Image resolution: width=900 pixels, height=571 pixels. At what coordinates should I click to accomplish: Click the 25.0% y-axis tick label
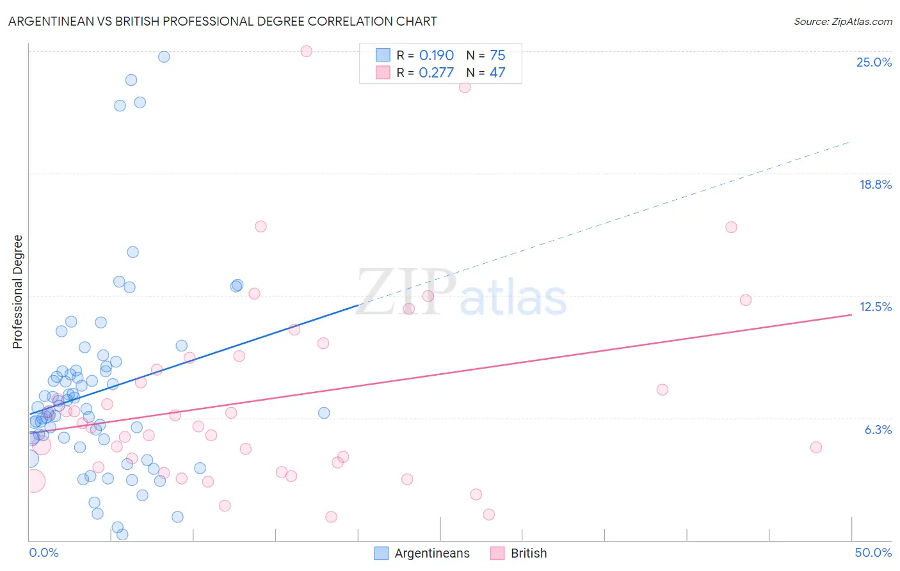[x=873, y=62]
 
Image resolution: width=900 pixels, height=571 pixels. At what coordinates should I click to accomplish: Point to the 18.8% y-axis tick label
[x=874, y=184]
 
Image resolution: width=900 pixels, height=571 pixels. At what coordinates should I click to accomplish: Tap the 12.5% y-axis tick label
[x=875, y=307]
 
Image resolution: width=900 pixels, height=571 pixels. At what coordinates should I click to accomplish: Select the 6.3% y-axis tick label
[x=878, y=430]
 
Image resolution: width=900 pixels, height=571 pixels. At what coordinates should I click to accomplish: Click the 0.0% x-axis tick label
[x=44, y=552]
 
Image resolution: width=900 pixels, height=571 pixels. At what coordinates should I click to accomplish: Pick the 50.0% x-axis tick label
[x=872, y=552]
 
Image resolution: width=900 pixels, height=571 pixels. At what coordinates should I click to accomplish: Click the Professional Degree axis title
[x=17, y=292]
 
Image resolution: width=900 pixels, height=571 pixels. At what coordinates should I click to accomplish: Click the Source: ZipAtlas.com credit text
[x=842, y=21]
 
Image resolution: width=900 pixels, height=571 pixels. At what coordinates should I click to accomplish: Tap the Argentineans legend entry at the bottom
[x=431, y=553]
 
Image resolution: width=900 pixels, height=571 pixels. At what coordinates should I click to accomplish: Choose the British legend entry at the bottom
[x=528, y=553]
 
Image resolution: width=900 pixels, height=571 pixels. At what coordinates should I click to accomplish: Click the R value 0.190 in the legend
[x=436, y=56]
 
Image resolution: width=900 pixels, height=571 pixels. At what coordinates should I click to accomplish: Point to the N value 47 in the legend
[x=497, y=72]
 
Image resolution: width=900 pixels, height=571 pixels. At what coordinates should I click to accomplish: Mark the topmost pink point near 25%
[x=306, y=51]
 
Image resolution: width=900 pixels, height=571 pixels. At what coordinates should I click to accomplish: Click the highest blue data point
[x=164, y=57]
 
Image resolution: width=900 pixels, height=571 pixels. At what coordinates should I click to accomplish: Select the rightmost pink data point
[x=816, y=447]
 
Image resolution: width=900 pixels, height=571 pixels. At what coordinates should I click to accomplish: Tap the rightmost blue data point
[x=324, y=413]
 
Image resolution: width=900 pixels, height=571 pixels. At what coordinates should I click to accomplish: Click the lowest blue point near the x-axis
[x=122, y=534]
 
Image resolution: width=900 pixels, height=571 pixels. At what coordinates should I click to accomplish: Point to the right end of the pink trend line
[x=851, y=314]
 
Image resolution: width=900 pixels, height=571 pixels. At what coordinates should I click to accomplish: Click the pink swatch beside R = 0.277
[x=383, y=72]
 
